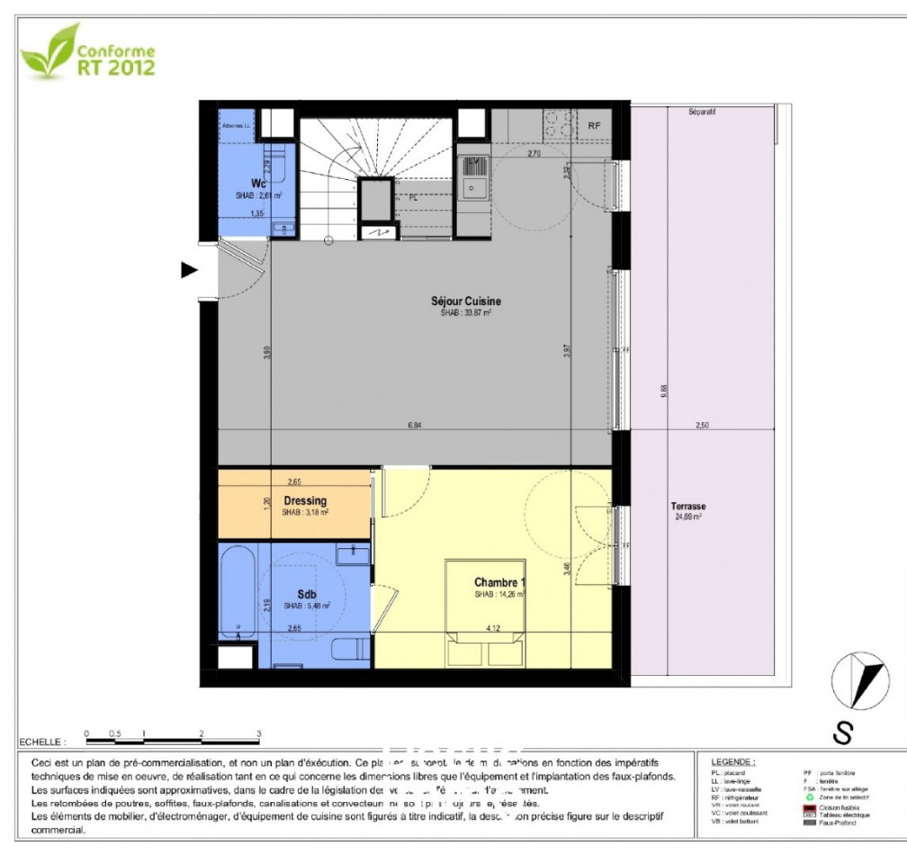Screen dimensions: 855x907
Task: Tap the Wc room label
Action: pos(233,184)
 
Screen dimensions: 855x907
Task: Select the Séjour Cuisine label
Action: pos(465,301)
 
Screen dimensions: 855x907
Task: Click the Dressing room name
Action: pos(305,501)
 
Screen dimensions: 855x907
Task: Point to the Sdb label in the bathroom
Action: pos(305,595)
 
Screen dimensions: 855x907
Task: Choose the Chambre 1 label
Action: pos(499,582)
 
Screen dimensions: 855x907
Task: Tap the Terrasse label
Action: pos(688,506)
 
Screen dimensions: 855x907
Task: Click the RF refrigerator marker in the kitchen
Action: pos(594,126)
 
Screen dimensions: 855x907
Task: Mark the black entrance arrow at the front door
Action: pos(189,269)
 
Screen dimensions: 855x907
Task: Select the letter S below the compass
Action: pos(842,733)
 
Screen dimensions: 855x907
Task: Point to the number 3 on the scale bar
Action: pos(258,733)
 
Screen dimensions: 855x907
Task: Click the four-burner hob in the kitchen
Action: pos(560,125)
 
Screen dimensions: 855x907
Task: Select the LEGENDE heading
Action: pos(733,761)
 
